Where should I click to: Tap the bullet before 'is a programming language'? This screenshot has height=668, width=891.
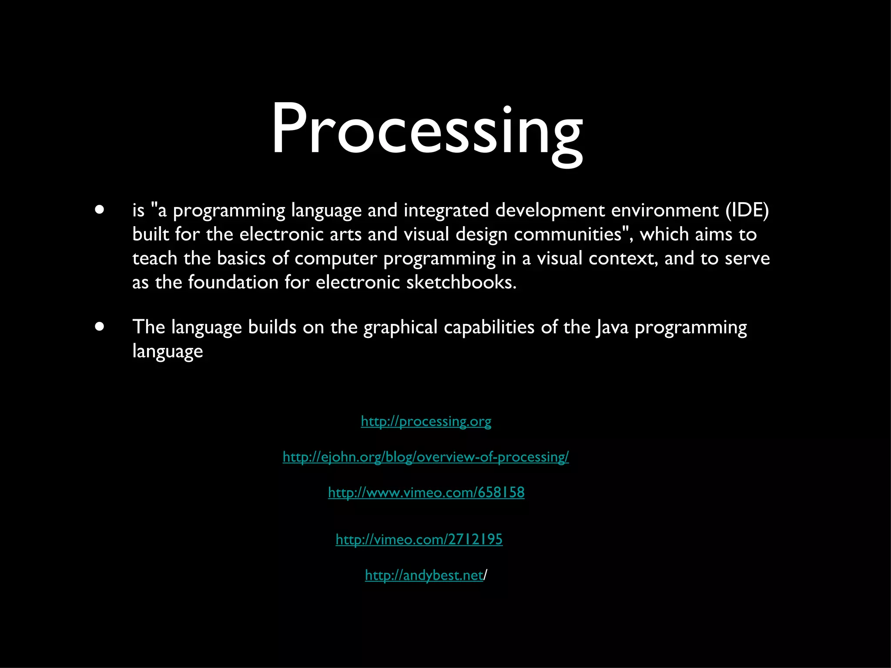[x=100, y=210]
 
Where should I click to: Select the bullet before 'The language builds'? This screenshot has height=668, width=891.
[x=100, y=327]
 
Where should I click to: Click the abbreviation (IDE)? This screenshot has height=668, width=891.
[x=747, y=210]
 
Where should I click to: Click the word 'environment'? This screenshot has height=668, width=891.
[x=665, y=210]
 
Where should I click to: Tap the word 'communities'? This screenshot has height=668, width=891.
[x=568, y=234]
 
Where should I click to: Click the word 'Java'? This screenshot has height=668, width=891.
[x=612, y=327]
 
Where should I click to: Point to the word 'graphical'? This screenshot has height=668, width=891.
[x=400, y=327]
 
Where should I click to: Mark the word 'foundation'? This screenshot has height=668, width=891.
[x=233, y=282]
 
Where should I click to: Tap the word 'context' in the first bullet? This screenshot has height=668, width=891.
[x=623, y=258]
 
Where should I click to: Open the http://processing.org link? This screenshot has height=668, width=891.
[x=426, y=421]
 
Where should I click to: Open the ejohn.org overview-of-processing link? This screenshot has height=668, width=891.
[x=425, y=457]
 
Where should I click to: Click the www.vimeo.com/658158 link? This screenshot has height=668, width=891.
[x=426, y=492]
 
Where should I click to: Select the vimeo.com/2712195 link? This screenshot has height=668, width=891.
[x=419, y=539]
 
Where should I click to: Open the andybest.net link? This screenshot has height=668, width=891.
[x=424, y=575]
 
